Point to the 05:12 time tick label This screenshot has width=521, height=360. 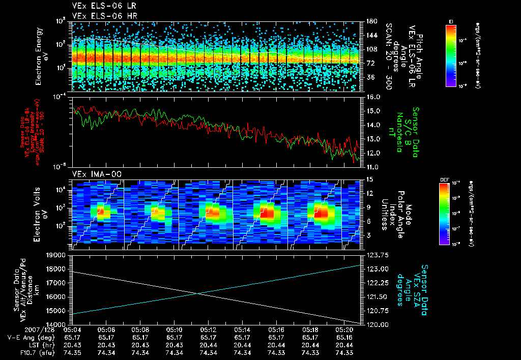tap(209, 329)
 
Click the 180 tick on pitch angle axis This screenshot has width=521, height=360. tap(371, 21)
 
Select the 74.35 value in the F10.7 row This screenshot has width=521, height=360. tap(72, 352)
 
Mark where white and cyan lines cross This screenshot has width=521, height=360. tap(198, 293)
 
